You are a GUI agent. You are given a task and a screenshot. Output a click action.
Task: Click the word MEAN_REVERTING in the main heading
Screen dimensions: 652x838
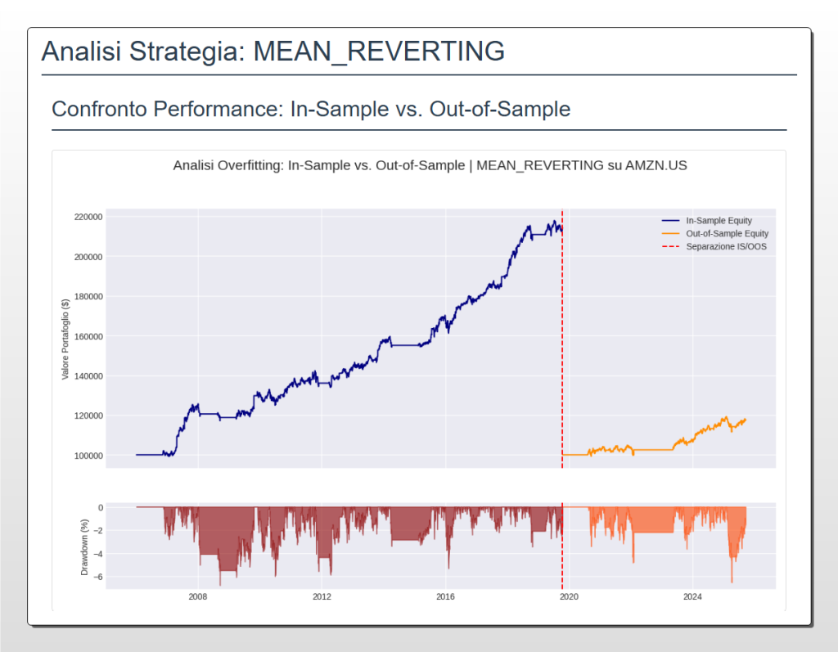(379, 51)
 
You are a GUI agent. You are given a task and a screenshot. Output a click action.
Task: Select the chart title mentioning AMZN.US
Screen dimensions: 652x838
(430, 165)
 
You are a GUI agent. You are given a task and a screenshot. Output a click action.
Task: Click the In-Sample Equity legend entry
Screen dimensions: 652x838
(719, 221)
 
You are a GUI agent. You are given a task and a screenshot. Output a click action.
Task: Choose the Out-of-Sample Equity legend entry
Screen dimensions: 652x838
(724, 233)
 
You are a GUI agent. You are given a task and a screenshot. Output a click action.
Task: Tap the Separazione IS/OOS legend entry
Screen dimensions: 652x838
(726, 246)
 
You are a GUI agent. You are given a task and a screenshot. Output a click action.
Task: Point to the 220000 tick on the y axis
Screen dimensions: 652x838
(88, 217)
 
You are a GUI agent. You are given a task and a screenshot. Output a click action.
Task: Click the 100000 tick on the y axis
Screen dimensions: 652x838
(88, 456)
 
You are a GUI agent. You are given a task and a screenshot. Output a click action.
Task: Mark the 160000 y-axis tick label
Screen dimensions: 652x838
(88, 336)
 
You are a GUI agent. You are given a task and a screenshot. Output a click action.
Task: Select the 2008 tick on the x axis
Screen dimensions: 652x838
(197, 596)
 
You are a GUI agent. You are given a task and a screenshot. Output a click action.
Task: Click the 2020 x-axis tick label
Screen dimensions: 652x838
(568, 596)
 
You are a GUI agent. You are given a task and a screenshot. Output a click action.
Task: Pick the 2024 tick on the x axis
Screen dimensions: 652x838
(692, 596)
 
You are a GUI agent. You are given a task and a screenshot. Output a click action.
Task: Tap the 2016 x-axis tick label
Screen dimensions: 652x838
(445, 596)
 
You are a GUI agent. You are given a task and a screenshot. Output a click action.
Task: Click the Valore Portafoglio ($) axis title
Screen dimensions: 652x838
(65, 339)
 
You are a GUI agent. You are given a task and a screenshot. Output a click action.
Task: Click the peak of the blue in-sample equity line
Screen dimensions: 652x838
(554, 221)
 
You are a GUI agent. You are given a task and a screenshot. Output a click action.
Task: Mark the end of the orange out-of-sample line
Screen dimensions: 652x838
(746, 420)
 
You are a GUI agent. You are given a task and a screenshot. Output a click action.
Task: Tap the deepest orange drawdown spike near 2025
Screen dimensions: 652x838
(732, 582)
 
